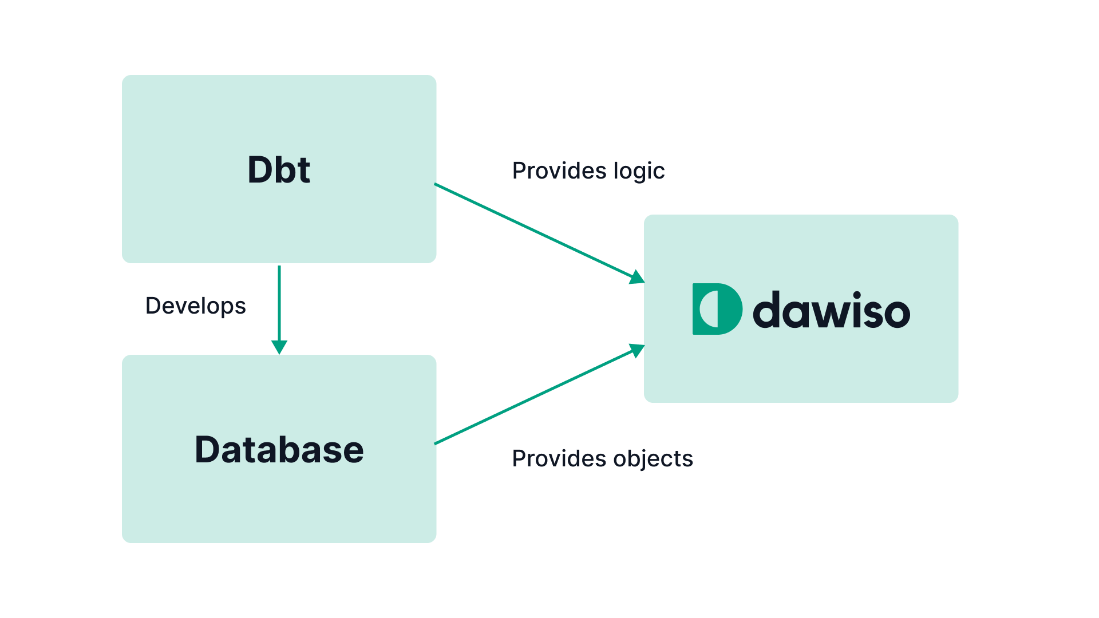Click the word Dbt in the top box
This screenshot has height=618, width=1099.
[279, 170]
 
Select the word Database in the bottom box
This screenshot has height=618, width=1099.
[279, 450]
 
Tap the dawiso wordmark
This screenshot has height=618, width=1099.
[831, 311]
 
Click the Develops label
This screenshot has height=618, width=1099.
[195, 306]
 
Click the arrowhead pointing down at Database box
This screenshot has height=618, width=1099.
[279, 347]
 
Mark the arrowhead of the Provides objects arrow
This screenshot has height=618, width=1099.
[637, 350]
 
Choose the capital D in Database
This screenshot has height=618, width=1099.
[209, 450]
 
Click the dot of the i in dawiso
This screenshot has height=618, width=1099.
[857, 295]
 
